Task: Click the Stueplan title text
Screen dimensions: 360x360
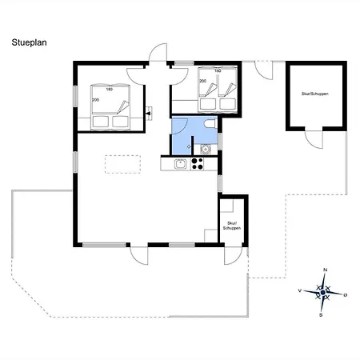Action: point(29,42)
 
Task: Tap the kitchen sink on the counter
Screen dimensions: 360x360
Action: point(181,164)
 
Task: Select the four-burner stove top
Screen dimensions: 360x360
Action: point(198,164)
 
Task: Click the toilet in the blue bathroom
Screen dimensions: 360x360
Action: point(210,124)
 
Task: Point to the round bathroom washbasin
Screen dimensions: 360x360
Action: point(205,150)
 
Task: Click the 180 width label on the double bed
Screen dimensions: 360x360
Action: point(110,90)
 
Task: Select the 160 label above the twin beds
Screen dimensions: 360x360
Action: point(218,71)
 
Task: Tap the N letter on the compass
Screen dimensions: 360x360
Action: point(326,270)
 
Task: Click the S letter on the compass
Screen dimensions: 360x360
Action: point(321,315)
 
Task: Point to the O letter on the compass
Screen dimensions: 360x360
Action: point(346,295)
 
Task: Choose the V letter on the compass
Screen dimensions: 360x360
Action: point(300,290)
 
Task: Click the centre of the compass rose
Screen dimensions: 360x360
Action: point(323,293)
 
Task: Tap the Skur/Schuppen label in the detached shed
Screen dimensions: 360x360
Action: point(315,94)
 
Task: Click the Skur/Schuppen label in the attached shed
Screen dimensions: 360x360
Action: point(232,226)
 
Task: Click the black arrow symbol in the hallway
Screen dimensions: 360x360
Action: point(149,114)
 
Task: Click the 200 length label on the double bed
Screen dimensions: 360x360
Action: point(95,100)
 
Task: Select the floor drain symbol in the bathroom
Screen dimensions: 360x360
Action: point(189,146)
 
